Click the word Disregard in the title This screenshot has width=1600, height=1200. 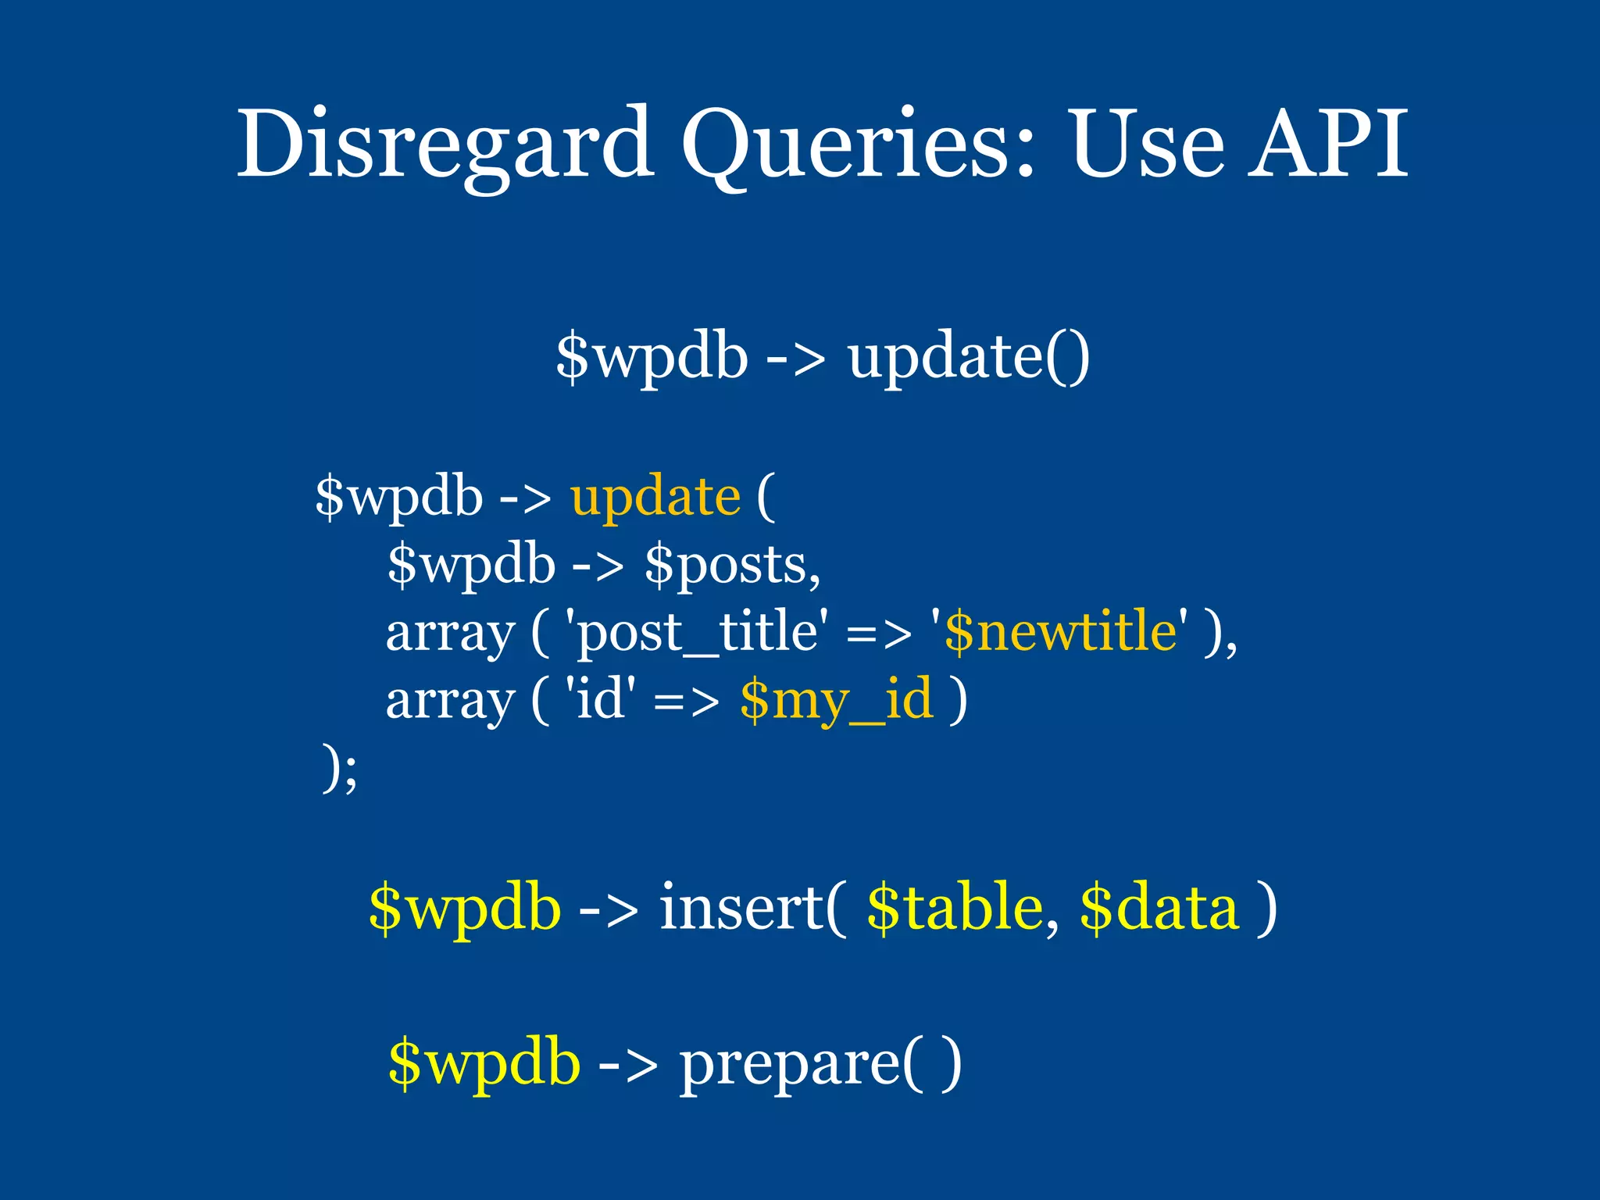tap(445, 145)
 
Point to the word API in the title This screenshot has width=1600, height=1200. tap(1328, 145)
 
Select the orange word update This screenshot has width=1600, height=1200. tap(655, 497)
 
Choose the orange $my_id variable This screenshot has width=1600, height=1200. tap(836, 699)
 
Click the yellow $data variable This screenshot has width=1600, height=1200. tap(1159, 908)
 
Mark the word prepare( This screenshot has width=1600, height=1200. tap(805, 1064)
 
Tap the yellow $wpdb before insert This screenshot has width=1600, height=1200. tap(465, 908)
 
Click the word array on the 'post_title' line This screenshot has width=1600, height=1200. tap(451, 633)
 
